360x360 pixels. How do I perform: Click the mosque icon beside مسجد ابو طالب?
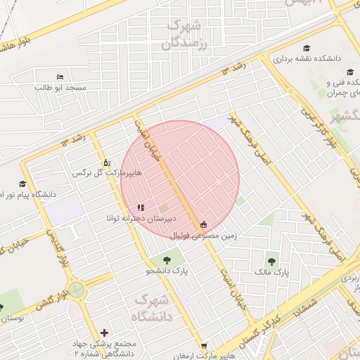60,77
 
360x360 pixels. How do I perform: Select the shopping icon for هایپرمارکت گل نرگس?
106,161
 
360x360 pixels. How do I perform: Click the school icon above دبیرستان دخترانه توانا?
141,207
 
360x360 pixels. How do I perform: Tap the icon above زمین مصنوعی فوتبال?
204,225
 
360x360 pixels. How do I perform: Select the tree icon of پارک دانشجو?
167,261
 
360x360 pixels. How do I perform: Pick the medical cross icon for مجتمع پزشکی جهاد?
105,333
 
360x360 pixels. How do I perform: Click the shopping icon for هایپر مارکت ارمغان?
204,346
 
